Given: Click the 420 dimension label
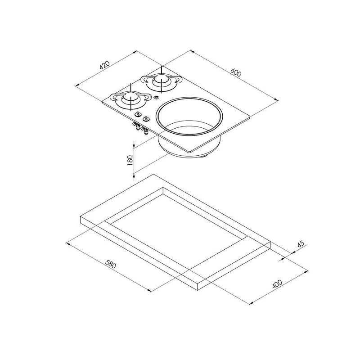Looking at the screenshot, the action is pyautogui.click(x=105, y=65).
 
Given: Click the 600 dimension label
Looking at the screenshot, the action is pyautogui.click(x=236, y=72).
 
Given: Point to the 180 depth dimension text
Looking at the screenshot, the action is pyautogui.click(x=130, y=160).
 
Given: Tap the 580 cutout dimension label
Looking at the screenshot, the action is pyautogui.click(x=111, y=264).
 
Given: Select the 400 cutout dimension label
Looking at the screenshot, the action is pyautogui.click(x=277, y=284).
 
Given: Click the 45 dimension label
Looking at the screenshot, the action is pyautogui.click(x=301, y=243).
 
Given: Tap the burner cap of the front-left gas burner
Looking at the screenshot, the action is pyautogui.click(x=130, y=98).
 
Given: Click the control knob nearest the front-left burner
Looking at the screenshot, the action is pyautogui.click(x=138, y=113).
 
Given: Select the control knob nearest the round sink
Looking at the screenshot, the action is pyautogui.click(x=145, y=118).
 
